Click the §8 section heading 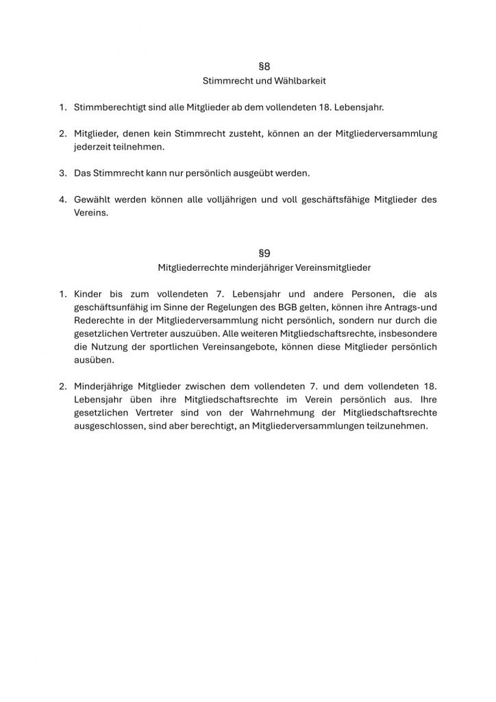click(264, 66)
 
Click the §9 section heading click(264, 253)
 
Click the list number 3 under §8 click(62, 173)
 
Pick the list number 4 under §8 click(62, 199)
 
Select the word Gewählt click(94, 199)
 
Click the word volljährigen click(230, 199)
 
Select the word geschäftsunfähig click(112, 307)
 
